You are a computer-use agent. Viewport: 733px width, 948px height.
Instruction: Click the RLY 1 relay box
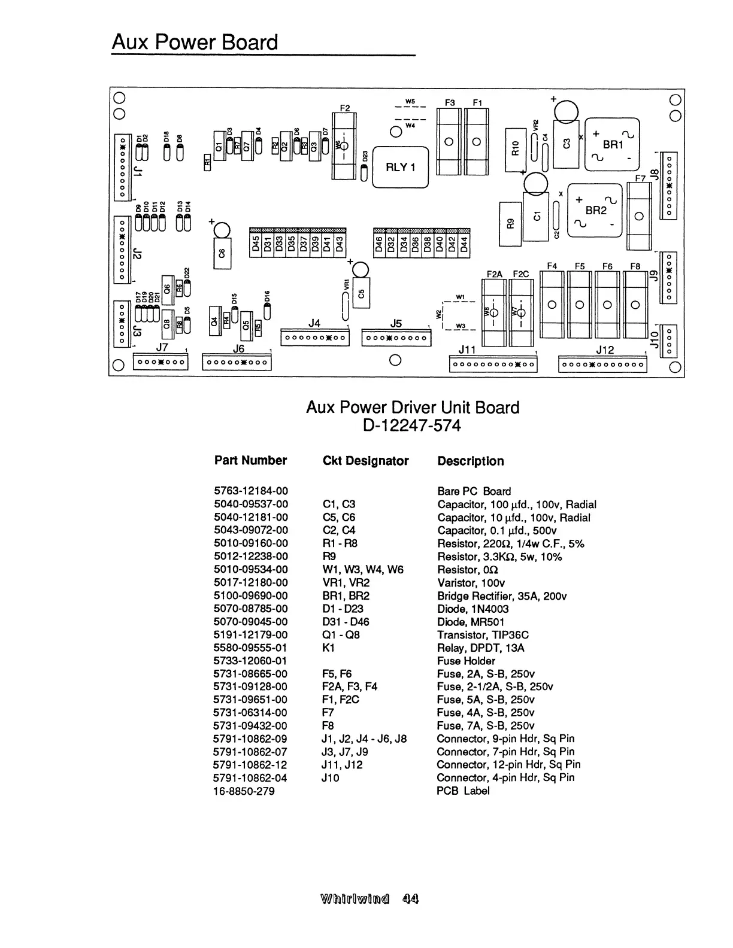pyautogui.click(x=400, y=167)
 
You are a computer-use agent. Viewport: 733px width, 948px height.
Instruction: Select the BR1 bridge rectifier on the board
pyautogui.click(x=612, y=144)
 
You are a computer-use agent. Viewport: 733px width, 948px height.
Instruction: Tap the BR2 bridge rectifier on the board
pyautogui.click(x=595, y=210)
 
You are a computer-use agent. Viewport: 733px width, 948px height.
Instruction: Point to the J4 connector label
pyautogui.click(x=314, y=324)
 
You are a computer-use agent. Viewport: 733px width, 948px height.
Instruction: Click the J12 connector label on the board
pyautogui.click(x=605, y=350)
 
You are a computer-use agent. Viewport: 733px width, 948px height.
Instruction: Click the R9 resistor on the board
pyautogui.click(x=510, y=223)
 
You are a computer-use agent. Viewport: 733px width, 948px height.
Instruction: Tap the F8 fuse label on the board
pyautogui.click(x=635, y=266)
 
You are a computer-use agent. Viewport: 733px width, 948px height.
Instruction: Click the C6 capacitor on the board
pyautogui.click(x=222, y=253)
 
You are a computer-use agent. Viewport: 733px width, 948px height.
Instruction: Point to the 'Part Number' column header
pyautogui.click(x=250, y=460)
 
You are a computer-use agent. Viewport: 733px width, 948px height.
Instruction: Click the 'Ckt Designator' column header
pyautogui.click(x=365, y=461)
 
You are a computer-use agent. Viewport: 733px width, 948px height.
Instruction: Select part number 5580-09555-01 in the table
pyautogui.click(x=251, y=648)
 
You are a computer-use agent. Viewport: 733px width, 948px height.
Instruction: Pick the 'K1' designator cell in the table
pyautogui.click(x=328, y=648)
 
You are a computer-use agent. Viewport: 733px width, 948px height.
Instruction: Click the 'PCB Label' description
pyautogui.click(x=463, y=791)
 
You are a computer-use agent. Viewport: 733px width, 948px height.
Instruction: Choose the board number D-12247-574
pyautogui.click(x=412, y=426)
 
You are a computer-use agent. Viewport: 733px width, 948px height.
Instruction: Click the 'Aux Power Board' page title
pyautogui.click(x=195, y=42)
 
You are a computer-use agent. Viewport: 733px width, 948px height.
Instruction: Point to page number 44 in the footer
pyautogui.click(x=411, y=898)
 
